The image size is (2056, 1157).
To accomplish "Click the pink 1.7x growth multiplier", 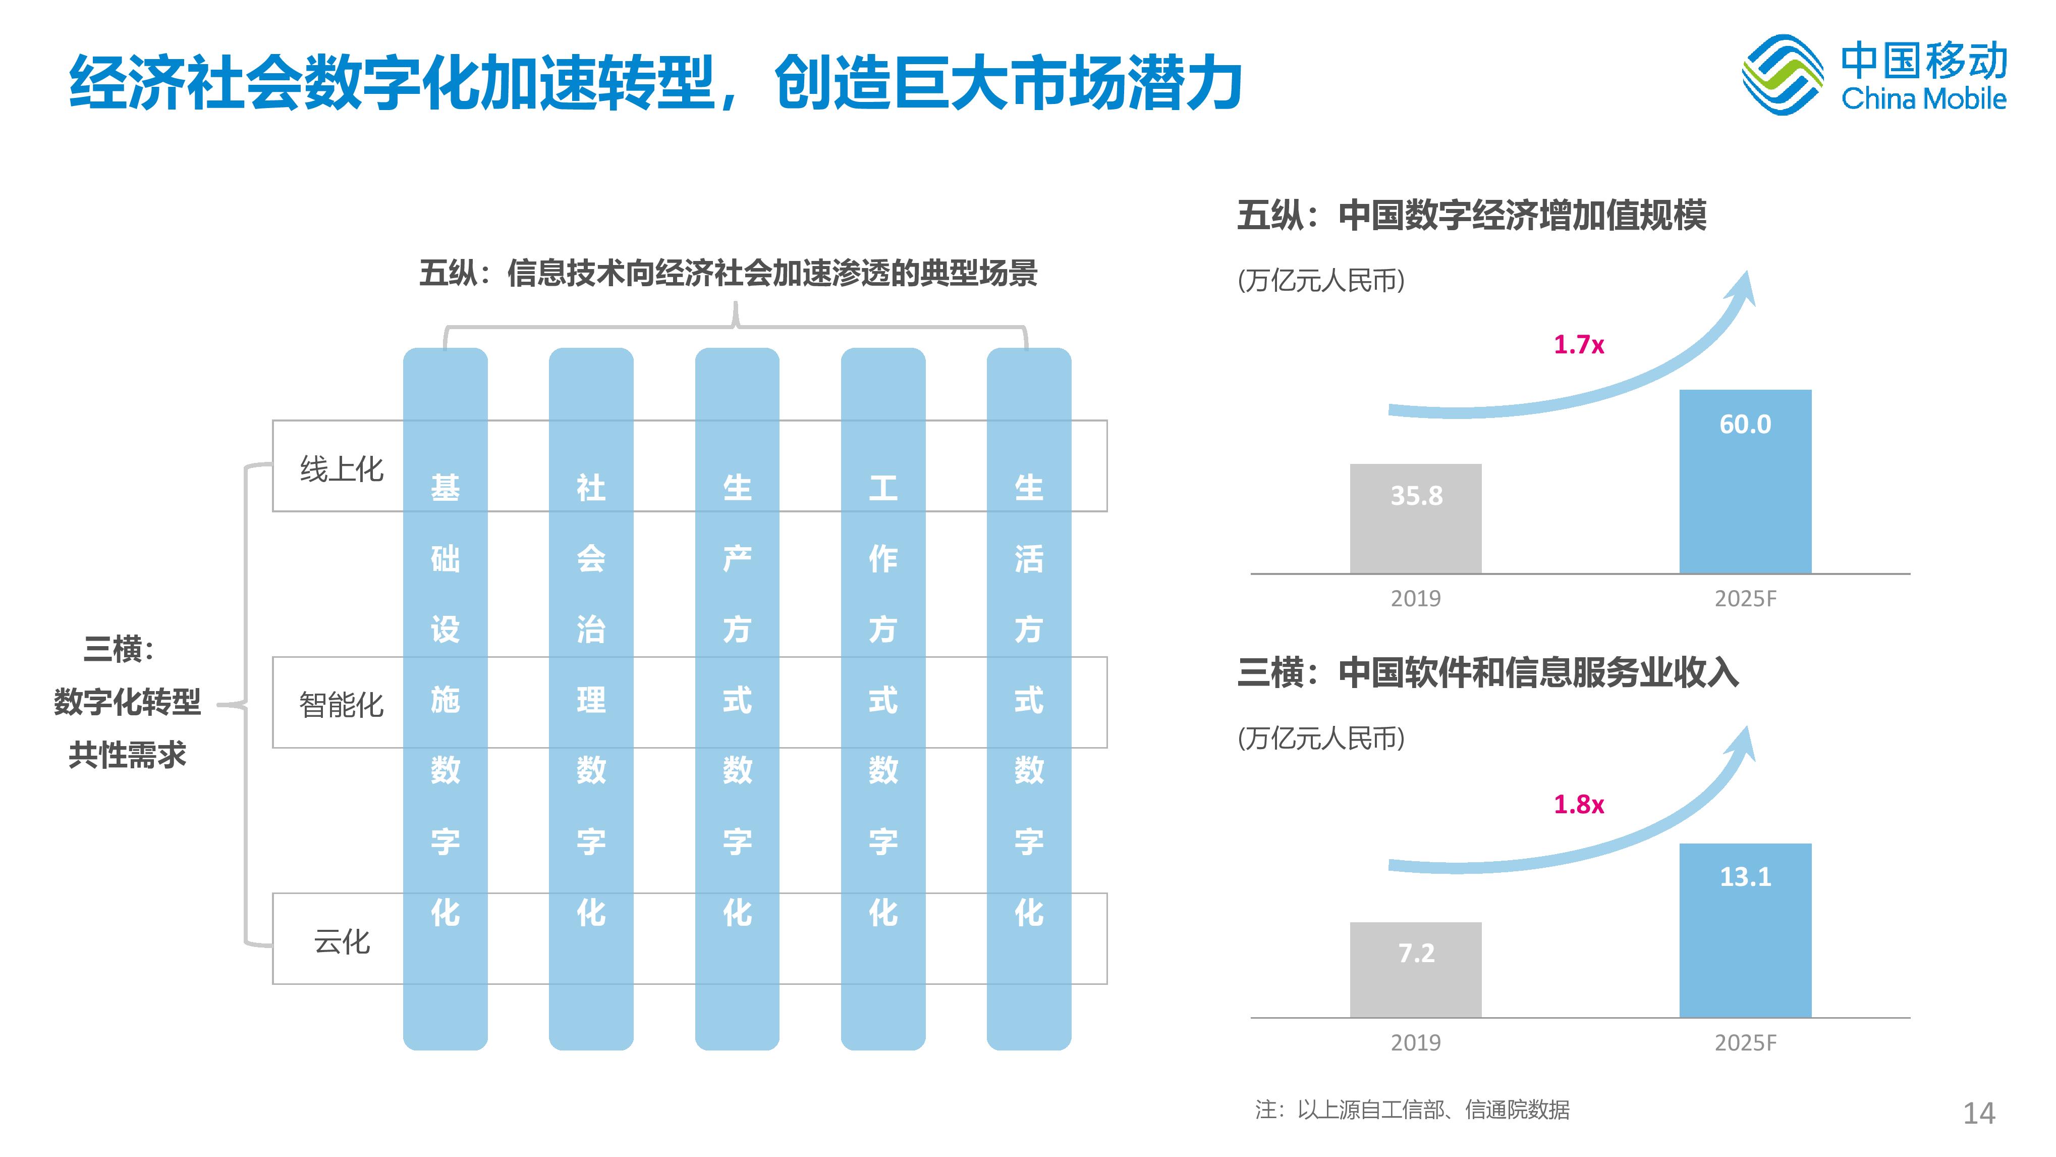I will coord(1578,345).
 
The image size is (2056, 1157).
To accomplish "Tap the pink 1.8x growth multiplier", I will coord(1578,804).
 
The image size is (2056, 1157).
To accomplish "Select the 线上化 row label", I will coord(342,469).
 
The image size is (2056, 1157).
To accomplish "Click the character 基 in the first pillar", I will coord(446,488).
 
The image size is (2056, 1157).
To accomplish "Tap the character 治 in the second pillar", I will coord(591,629).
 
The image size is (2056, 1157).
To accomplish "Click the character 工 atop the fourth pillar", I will coord(883,488).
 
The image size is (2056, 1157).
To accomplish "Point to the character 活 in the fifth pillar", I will coord(1029,559).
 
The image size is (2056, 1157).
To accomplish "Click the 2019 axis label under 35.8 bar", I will coord(1415,599).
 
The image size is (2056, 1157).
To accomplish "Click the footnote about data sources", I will coord(1411,1110).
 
